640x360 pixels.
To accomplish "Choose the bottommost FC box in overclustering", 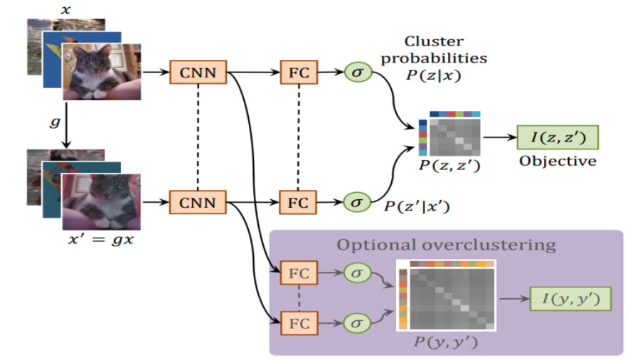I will pos(298,323).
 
